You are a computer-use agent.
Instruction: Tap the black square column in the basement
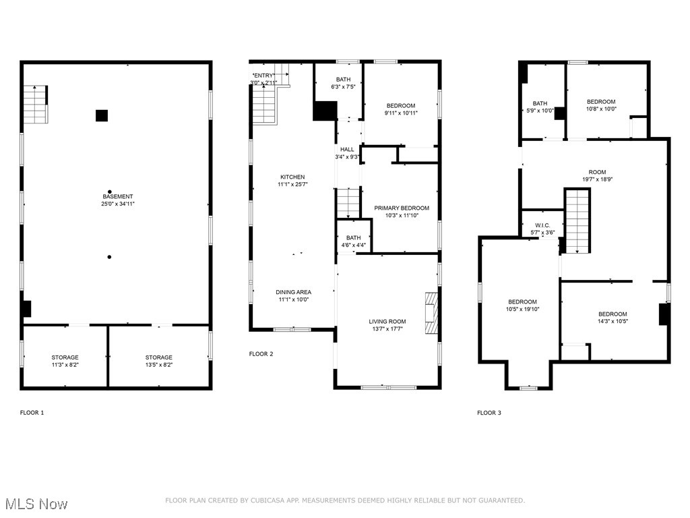[x=101, y=115]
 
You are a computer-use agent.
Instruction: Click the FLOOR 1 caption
[x=32, y=412]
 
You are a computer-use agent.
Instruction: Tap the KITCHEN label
[x=292, y=177]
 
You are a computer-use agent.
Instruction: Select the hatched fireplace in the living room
[x=431, y=312]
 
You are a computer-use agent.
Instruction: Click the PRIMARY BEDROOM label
[x=402, y=208]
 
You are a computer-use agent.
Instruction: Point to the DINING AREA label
[x=293, y=292]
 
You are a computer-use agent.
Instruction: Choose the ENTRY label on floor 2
[x=263, y=75]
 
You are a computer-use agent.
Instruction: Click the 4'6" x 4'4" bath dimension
[x=353, y=246]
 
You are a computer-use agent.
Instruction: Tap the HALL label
[x=347, y=149]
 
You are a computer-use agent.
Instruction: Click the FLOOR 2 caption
[x=261, y=354]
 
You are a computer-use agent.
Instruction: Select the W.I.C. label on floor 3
[x=542, y=225]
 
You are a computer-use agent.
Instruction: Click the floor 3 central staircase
[x=577, y=221]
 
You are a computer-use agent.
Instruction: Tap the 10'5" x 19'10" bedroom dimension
[x=522, y=310]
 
